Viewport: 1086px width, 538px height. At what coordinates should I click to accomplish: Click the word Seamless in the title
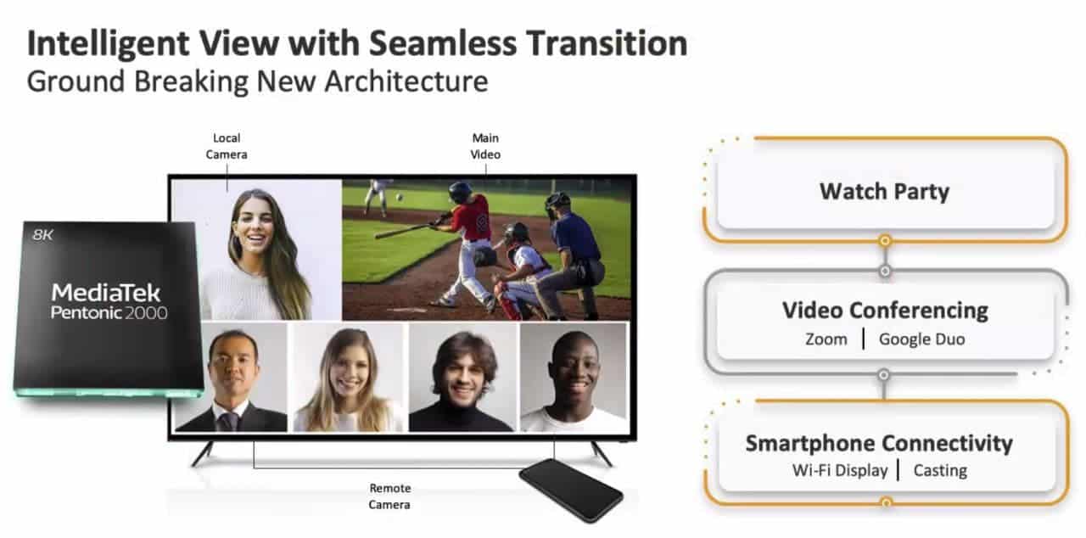point(443,43)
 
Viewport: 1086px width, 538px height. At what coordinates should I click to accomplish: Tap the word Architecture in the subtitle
point(406,81)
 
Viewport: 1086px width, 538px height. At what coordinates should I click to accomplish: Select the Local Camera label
point(227,146)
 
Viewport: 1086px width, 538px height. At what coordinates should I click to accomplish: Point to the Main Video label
point(485,146)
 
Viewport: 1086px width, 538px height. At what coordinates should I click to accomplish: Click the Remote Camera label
point(389,496)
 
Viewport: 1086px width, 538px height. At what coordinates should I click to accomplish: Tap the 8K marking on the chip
point(42,235)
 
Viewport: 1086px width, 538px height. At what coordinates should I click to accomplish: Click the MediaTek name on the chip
point(106,293)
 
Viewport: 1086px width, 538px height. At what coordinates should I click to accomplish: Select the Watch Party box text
point(884,192)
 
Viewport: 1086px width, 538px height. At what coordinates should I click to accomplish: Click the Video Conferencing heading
point(885,311)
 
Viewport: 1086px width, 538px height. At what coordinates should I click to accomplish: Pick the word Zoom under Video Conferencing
point(826,339)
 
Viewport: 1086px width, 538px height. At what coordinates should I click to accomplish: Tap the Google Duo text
point(921,339)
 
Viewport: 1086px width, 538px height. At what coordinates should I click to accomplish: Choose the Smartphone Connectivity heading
point(879,443)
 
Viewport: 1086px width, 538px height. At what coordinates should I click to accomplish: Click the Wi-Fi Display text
point(840,470)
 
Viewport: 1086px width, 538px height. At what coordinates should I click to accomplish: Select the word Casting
point(940,471)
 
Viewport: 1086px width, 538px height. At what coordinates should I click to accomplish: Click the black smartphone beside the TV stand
point(571,490)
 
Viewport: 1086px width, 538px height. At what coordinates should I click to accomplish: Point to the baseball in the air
point(399,197)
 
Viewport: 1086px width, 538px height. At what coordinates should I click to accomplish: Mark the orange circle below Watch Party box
point(885,240)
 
